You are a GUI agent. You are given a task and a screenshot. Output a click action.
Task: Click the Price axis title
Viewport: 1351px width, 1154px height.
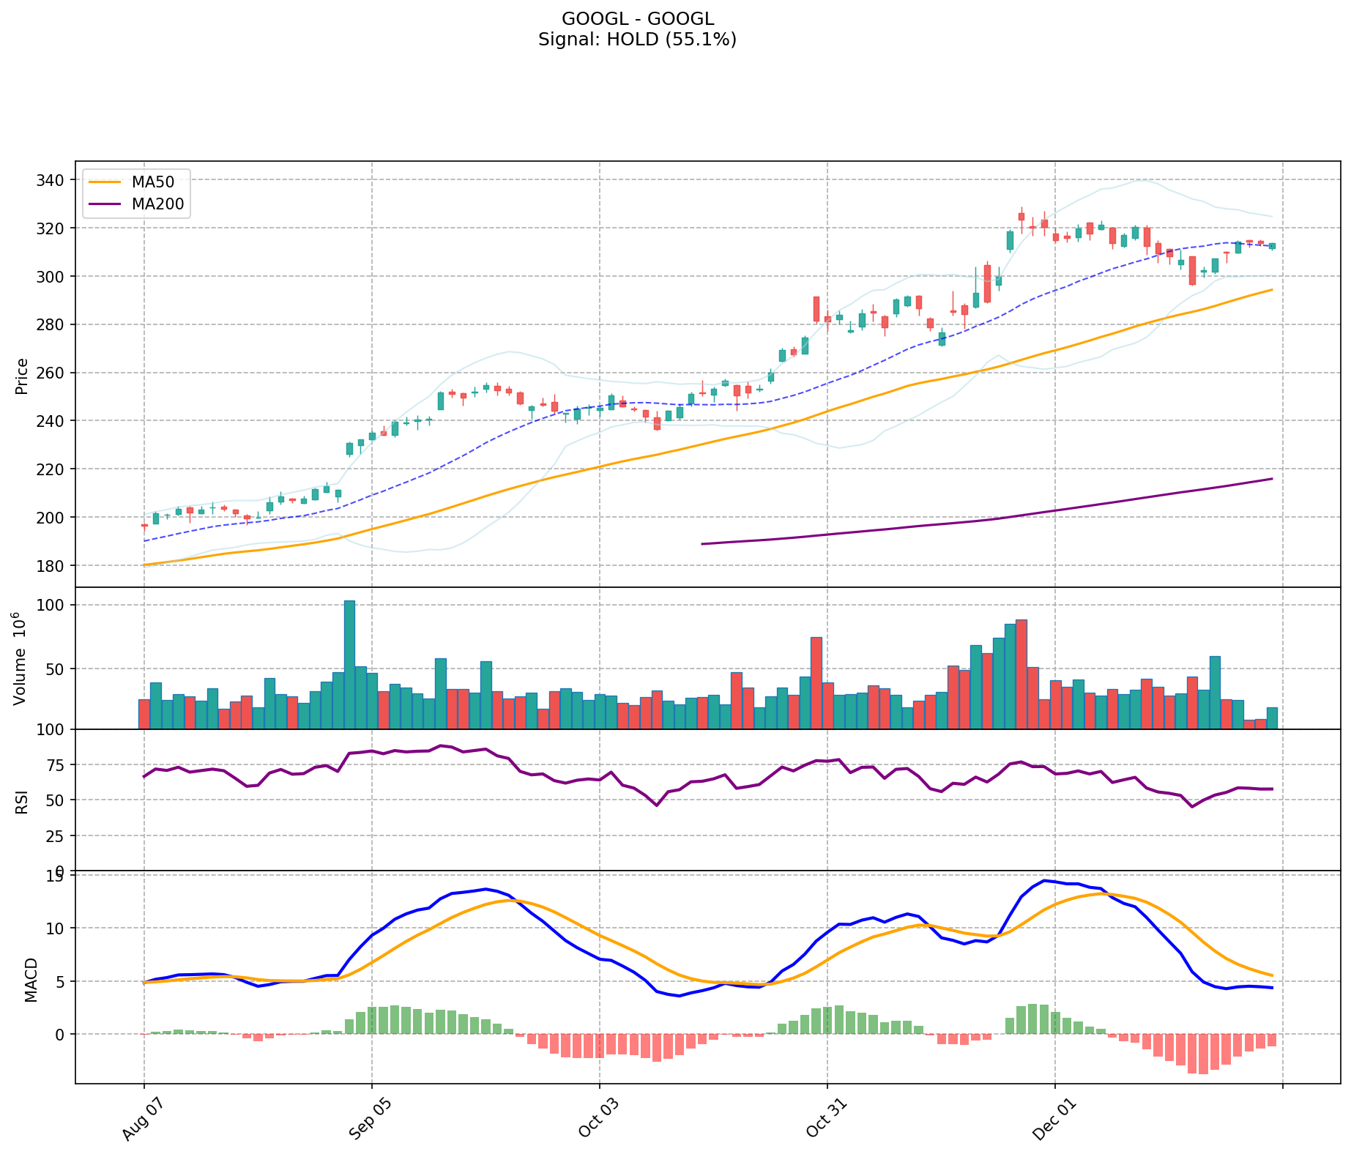click(x=22, y=376)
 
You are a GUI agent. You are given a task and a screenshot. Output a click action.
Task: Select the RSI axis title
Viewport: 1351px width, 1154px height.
click(x=22, y=800)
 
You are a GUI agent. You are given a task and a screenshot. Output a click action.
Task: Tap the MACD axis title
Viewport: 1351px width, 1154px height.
click(x=31, y=979)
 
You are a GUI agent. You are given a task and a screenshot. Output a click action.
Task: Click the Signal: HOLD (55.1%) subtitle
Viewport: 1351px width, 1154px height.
click(x=637, y=40)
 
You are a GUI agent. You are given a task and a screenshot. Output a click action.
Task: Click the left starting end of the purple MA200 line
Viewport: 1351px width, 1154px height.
click(x=702, y=544)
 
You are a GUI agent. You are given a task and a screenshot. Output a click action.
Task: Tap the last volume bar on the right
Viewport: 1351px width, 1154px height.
click(x=1272, y=718)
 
